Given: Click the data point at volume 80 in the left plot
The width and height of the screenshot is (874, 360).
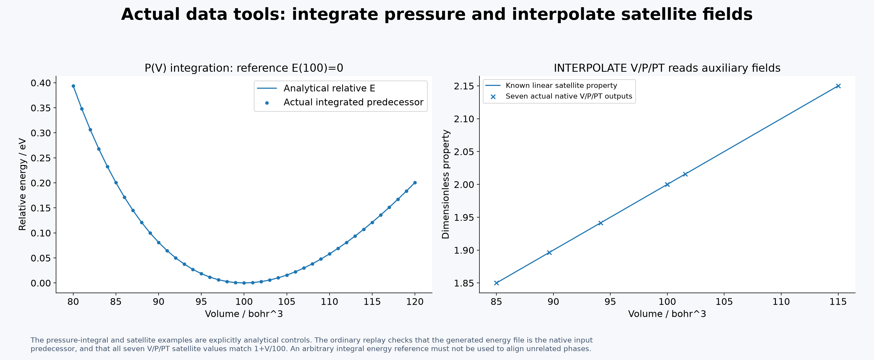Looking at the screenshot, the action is click(73, 86).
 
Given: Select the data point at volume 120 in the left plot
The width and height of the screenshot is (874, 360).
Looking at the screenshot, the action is click(415, 183).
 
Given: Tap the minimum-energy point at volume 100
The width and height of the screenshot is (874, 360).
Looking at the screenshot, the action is click(244, 283).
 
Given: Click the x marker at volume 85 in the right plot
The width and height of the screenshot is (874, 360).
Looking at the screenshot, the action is click(496, 283).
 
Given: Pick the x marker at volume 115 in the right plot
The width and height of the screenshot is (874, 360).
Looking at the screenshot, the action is click(838, 86).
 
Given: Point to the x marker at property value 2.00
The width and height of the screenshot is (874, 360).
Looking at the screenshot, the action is click(667, 185).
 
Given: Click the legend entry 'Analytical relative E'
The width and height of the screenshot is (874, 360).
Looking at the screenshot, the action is click(329, 88).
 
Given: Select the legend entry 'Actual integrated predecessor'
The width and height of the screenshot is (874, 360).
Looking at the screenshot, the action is click(353, 102).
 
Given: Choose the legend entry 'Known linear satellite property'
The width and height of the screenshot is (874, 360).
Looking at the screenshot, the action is click(561, 86).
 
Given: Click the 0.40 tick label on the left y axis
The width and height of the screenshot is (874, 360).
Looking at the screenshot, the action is click(41, 83).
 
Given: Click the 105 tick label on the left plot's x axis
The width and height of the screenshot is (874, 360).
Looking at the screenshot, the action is click(287, 302).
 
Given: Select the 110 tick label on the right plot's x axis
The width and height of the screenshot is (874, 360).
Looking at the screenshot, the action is click(781, 302).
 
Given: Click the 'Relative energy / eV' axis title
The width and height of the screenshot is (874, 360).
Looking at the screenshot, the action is click(22, 184).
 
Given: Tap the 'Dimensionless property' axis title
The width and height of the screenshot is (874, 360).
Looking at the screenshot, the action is click(445, 184).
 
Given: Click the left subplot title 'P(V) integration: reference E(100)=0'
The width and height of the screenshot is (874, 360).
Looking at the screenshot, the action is click(244, 68).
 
